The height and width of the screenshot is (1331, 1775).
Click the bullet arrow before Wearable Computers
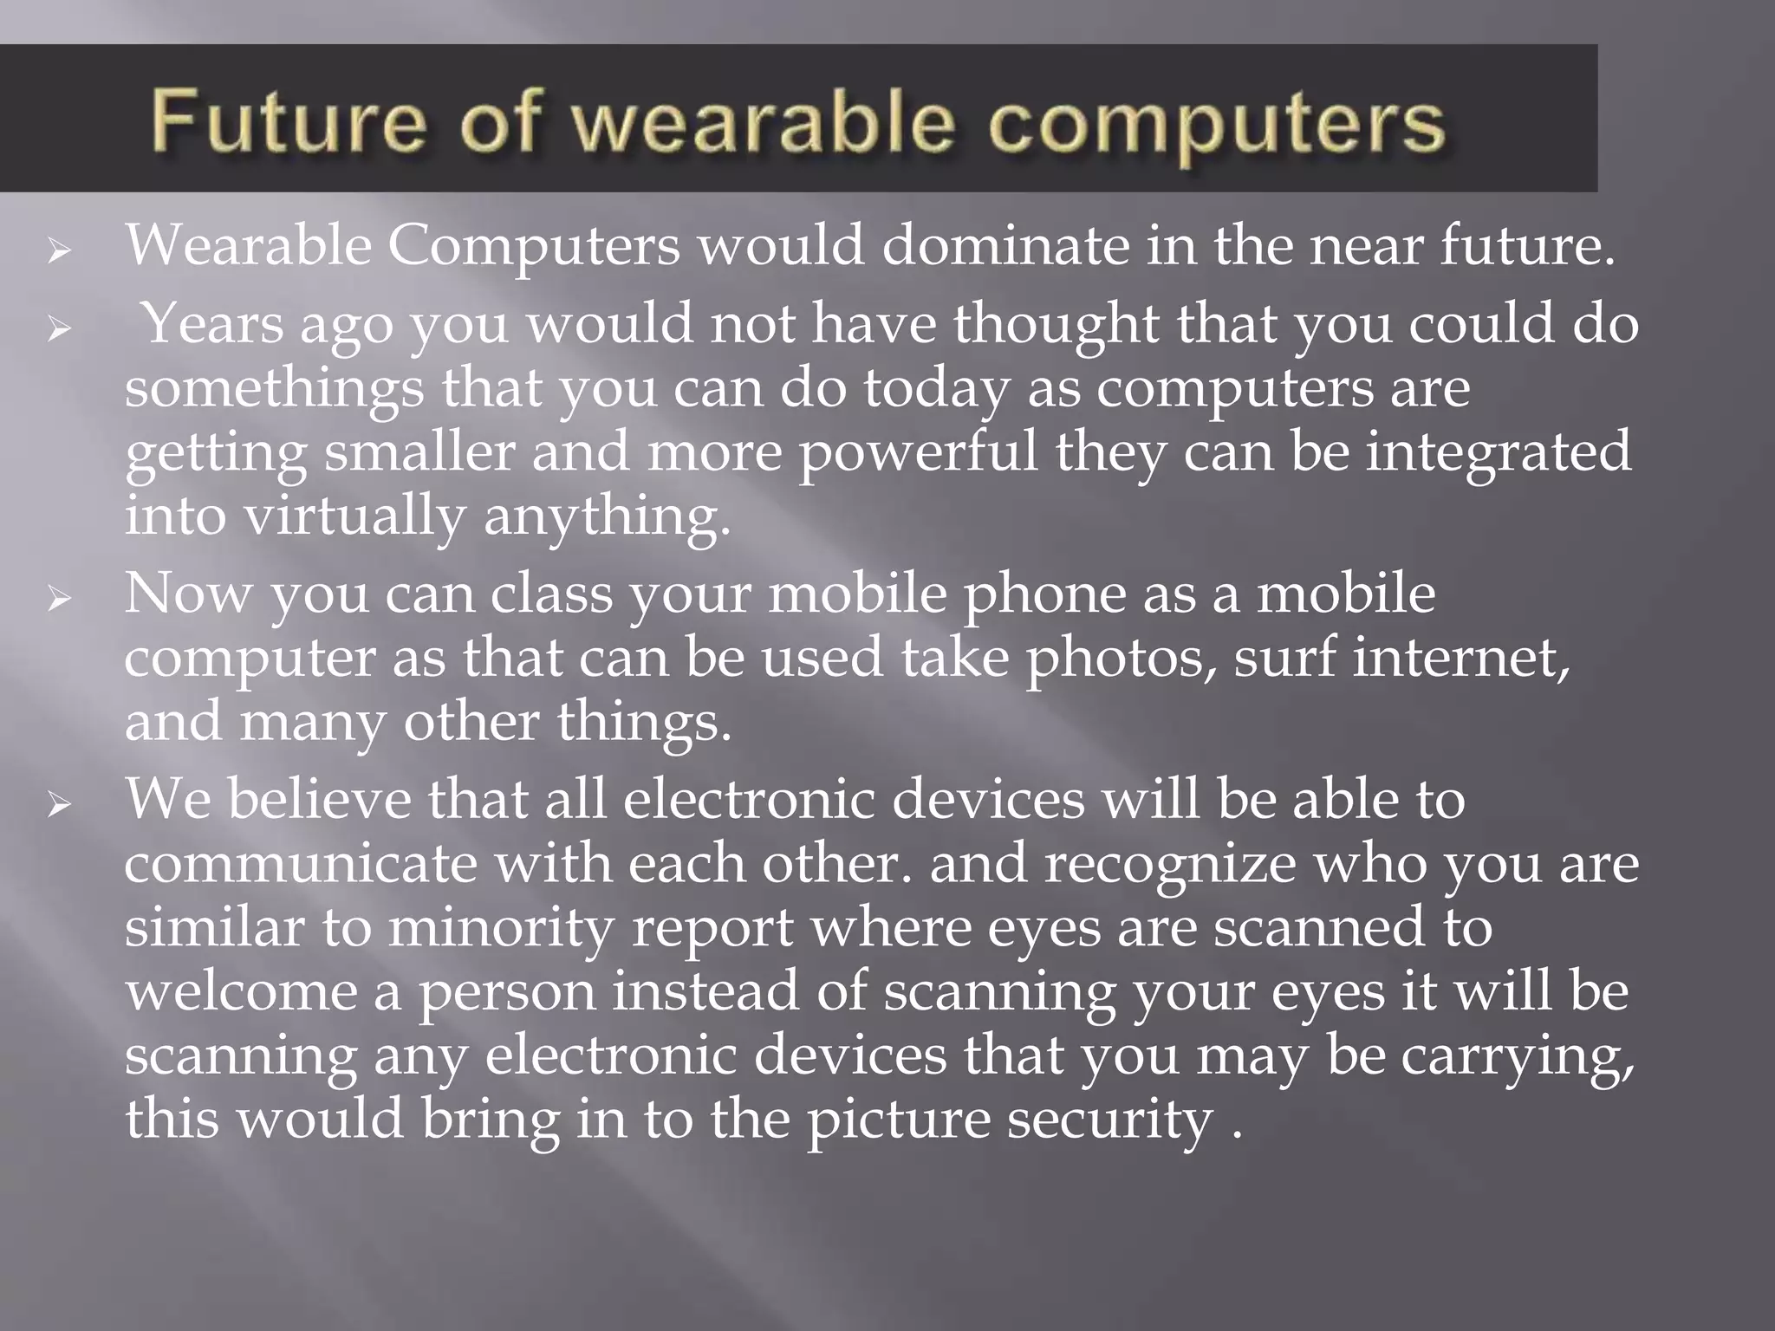(59, 252)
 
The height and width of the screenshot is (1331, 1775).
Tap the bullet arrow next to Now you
(59, 599)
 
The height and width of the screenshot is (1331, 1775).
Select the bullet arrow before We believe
(59, 805)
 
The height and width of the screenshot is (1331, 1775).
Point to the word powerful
(917, 452)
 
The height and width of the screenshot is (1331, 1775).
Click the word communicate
(301, 865)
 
